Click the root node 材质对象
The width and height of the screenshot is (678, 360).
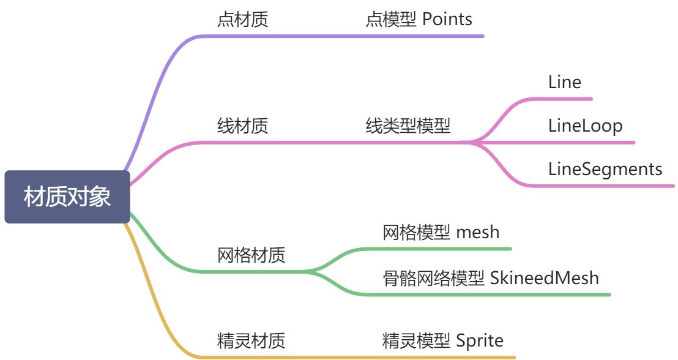67,197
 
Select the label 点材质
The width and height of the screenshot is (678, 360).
242,20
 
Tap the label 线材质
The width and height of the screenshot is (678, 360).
242,126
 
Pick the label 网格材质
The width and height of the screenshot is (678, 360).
251,254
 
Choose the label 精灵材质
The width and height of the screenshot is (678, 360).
251,340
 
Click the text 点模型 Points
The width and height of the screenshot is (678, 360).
419,20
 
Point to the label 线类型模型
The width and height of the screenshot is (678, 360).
408,126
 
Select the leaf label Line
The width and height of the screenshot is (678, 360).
564,82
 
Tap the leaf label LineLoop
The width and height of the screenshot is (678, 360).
585,126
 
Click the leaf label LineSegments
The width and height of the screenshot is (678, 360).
605,168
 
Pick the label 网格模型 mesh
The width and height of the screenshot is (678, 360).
441,232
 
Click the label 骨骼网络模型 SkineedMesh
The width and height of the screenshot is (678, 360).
490,278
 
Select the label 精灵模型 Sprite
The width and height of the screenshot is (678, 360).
442,340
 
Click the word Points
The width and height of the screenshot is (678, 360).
447,20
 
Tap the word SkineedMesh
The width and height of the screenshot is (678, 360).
545,278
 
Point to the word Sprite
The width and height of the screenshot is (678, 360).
480,340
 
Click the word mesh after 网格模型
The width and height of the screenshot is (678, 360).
478,232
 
